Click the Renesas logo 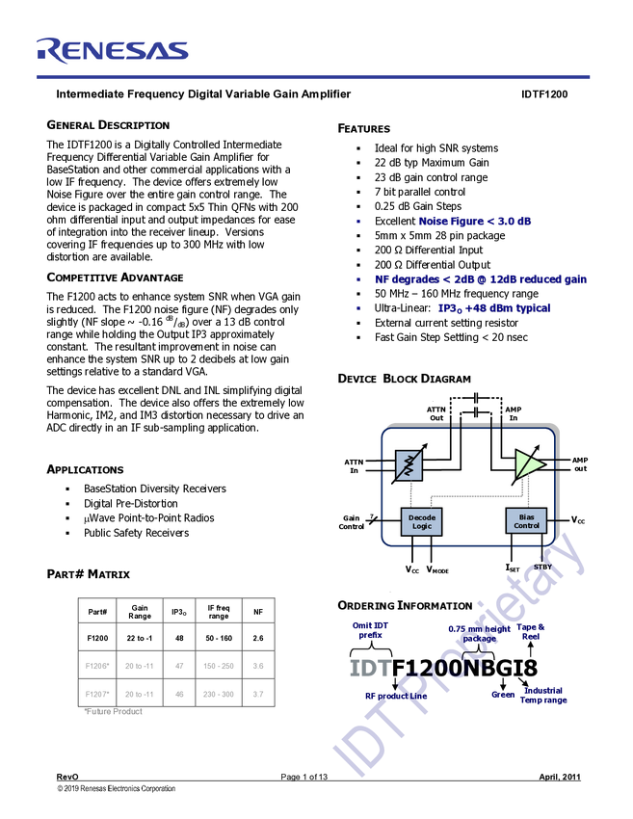click(x=112, y=50)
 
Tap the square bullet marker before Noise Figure click(x=357, y=222)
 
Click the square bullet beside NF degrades click(x=357, y=280)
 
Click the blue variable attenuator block click(x=409, y=465)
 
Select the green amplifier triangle click(x=527, y=463)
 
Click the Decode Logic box click(x=421, y=521)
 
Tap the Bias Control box click(x=526, y=521)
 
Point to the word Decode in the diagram click(x=421, y=517)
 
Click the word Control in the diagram click(x=526, y=526)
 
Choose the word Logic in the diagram click(x=421, y=527)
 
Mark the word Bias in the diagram click(x=526, y=516)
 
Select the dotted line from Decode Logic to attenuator click(x=410, y=495)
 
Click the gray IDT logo click(x=369, y=668)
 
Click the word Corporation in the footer click(x=156, y=788)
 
